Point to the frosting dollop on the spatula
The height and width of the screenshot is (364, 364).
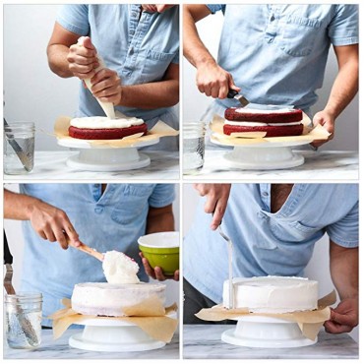pos(120,267)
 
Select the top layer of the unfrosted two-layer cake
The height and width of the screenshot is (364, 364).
pos(263,114)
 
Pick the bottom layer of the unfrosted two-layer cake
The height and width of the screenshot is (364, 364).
pos(263,129)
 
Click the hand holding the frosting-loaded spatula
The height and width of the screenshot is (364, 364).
pos(54,225)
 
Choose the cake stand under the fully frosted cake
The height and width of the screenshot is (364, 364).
pos(268,333)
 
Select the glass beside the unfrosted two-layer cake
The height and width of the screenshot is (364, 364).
pos(194,147)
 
